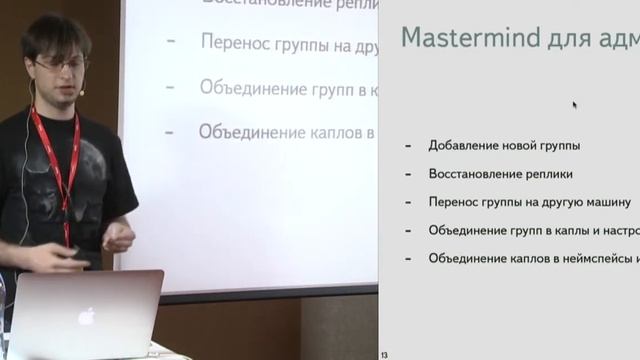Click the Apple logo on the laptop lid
pos(87,316)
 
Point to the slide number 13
pos(384,354)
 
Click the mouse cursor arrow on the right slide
pos(575,104)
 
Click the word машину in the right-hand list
pos(606,202)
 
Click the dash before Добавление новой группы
pos(408,146)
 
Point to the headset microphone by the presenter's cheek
pos(81,91)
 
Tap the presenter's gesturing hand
pos(118,238)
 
